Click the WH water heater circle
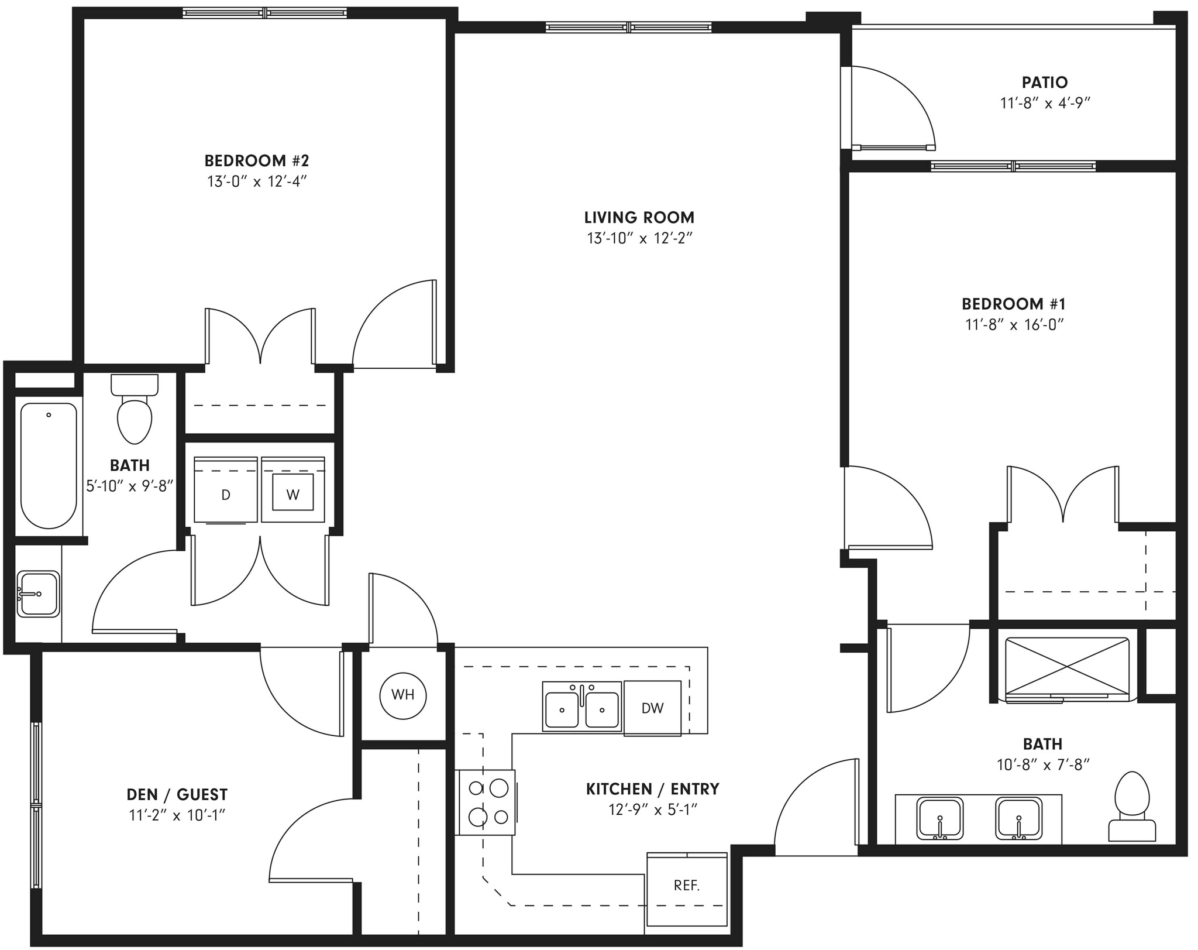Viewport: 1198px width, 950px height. [x=402, y=695]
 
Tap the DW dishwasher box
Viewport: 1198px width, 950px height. [x=652, y=708]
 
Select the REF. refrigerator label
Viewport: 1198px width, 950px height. [x=686, y=885]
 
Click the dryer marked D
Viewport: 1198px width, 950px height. [x=226, y=495]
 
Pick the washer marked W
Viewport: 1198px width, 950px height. [x=292, y=495]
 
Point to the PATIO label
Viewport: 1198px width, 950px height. [x=1045, y=82]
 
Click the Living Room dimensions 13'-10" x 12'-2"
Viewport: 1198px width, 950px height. [x=639, y=238]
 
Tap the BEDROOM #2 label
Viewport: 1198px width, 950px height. [x=256, y=160]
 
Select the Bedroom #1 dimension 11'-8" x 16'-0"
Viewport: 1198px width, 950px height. [x=1014, y=324]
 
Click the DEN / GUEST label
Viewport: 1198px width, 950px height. [x=177, y=794]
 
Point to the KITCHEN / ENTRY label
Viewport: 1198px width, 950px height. [x=653, y=788]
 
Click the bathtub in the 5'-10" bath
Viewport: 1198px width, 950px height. [x=49, y=465]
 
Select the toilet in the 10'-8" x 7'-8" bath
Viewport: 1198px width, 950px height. [x=1132, y=808]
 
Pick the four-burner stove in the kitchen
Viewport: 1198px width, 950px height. [x=487, y=802]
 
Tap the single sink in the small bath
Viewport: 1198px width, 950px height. [x=38, y=594]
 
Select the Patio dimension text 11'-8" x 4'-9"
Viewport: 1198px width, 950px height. [x=1045, y=103]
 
